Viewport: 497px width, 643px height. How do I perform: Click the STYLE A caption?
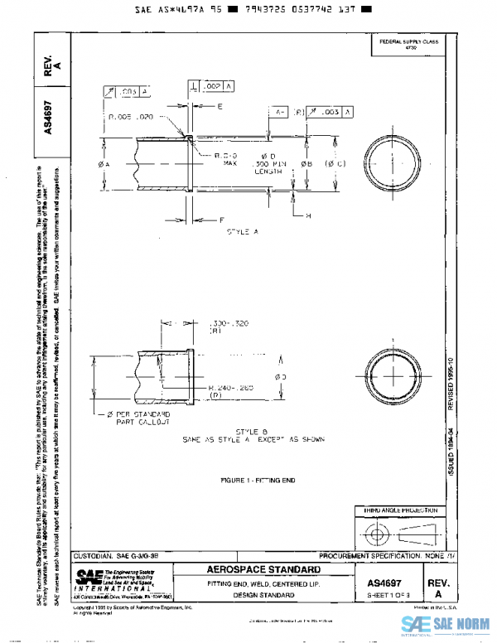coord(243,232)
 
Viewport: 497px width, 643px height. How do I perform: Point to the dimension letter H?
coord(307,215)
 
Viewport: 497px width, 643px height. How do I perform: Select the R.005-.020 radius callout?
coord(133,118)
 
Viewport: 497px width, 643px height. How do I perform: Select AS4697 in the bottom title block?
coord(388,583)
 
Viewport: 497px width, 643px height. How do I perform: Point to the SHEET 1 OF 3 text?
coord(388,597)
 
